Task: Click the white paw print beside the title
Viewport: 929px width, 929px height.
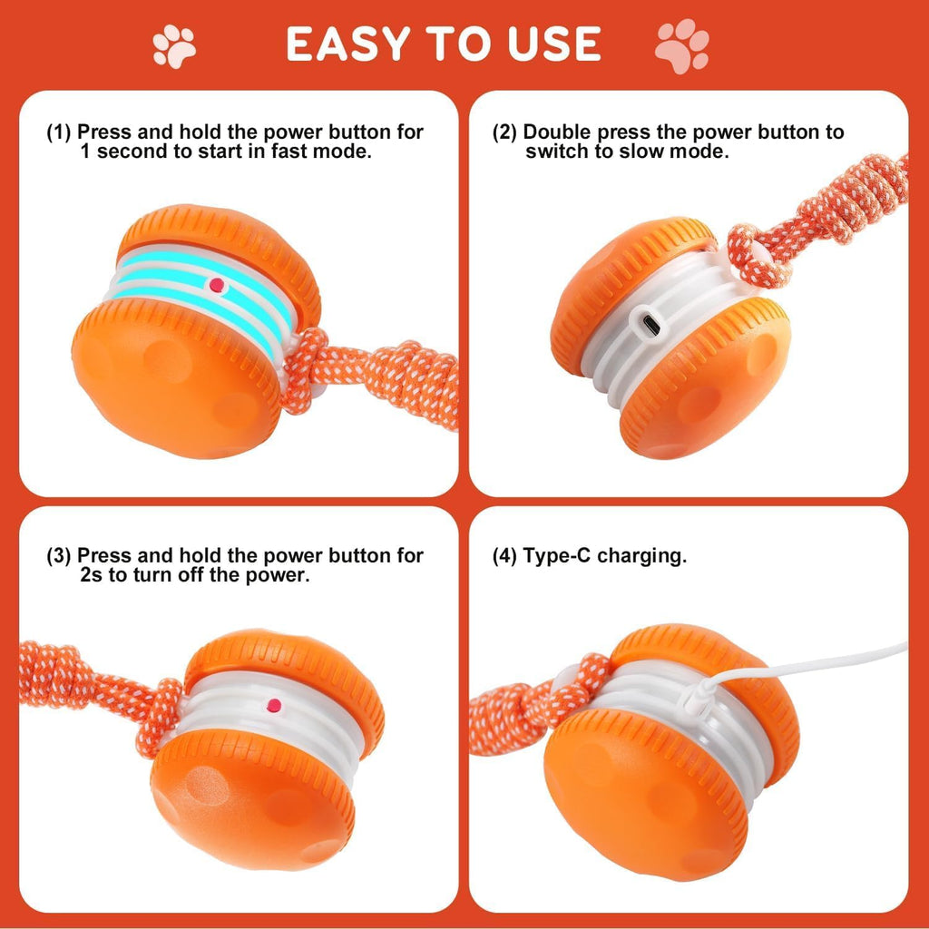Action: point(174,45)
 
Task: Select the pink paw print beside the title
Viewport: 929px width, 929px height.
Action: point(681,45)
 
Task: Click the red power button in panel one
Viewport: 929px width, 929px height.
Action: point(216,285)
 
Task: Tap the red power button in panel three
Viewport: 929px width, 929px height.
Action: point(272,706)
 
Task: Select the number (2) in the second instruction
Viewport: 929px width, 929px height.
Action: point(504,132)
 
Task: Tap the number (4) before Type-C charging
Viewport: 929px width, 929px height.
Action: point(504,555)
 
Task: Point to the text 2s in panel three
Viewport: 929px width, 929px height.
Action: point(92,575)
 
